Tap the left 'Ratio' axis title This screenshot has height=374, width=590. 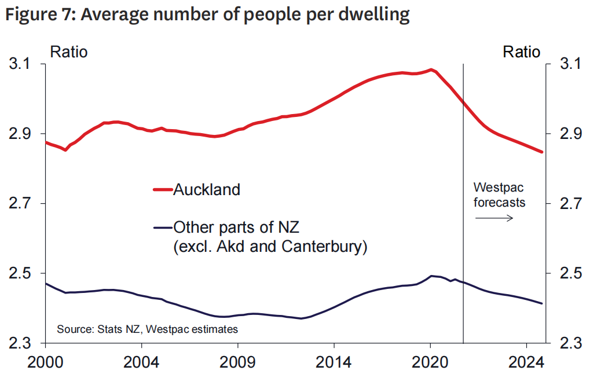pyautogui.click(x=69, y=52)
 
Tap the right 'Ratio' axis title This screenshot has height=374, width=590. pyautogui.click(x=521, y=52)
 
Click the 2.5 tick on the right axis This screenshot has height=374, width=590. pyautogui.click(x=567, y=273)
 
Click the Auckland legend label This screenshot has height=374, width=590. pyautogui.click(x=207, y=189)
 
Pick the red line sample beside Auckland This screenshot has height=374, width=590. pyautogui.click(x=162, y=189)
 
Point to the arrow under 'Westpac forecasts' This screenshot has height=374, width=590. pyautogui.click(x=494, y=218)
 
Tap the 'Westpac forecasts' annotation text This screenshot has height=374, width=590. pyautogui.click(x=499, y=195)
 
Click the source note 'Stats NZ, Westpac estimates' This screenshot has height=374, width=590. pyautogui.click(x=147, y=329)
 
